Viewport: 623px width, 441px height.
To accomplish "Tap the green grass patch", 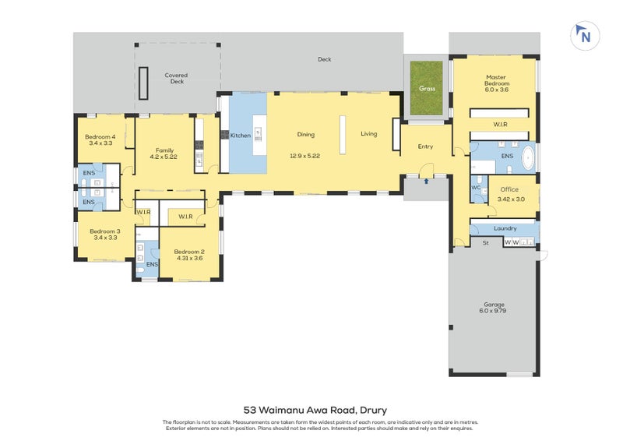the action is coord(426,88).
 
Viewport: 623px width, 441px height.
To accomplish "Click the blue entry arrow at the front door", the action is coord(426,182).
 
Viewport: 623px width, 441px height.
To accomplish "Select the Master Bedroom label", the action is coord(496,80).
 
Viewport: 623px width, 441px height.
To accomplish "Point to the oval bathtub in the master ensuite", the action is coord(528,158).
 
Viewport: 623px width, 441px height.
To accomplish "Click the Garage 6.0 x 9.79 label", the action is coord(493,308).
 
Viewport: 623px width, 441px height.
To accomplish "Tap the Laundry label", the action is coord(505,228).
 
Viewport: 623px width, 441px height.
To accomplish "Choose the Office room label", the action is coord(509,189).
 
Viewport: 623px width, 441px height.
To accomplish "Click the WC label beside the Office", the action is coord(476,188).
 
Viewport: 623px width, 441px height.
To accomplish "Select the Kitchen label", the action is coord(241,136).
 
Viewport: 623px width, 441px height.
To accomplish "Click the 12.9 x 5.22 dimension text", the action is coord(304,156).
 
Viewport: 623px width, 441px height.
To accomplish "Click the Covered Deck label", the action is coord(177,78).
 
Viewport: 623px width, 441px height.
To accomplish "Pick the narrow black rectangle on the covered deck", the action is coord(143,83).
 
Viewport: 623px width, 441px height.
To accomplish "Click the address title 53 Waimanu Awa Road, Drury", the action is coord(315,410).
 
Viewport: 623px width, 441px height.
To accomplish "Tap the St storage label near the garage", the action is coord(485,242).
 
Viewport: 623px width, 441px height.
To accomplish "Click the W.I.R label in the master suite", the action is coord(500,125).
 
